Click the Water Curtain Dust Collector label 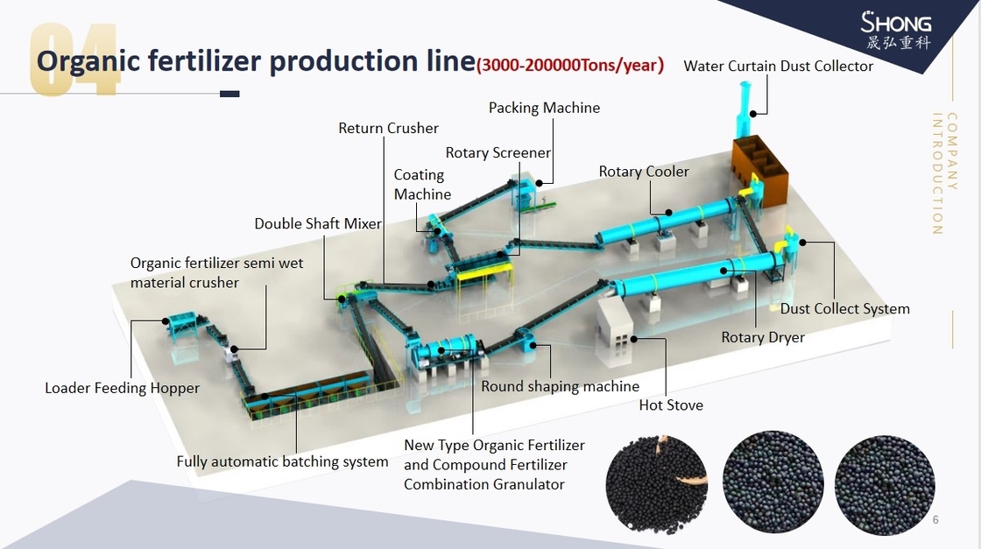coord(778,67)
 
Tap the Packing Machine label coord(544,108)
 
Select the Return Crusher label coord(388,128)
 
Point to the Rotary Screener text coord(498,152)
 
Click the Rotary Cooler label coord(644,172)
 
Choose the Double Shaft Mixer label coord(318,223)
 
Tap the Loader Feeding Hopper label coord(122,388)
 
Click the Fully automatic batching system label coord(282,461)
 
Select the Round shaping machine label coord(560,386)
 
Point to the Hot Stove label coord(671,405)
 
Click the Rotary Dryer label coord(762,337)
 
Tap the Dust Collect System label coord(844,308)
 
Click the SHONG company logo coord(895,30)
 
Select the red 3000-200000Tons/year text coord(569,65)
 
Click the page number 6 coord(935,520)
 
